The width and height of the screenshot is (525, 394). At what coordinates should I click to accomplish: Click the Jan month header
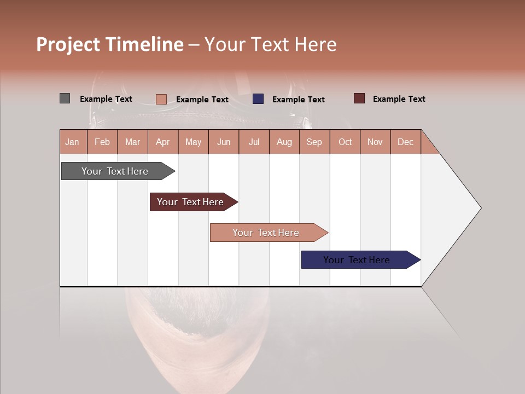[72, 142]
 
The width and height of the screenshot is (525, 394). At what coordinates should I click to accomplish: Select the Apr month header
[163, 142]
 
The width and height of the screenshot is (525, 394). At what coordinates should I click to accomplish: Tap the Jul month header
[254, 142]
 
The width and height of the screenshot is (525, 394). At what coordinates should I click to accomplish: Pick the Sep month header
[314, 142]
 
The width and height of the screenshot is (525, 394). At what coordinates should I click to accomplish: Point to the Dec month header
[405, 142]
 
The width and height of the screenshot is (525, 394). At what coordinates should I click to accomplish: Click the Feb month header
[102, 142]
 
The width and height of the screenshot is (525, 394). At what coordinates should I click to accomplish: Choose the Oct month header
[345, 142]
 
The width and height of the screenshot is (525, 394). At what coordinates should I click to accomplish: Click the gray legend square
[65, 99]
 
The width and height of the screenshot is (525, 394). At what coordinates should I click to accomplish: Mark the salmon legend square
[161, 99]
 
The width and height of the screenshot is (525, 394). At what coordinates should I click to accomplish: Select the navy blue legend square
[258, 99]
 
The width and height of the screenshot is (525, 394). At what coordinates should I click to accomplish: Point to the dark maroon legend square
[359, 99]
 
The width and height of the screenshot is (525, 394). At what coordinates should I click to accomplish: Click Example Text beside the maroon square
[399, 99]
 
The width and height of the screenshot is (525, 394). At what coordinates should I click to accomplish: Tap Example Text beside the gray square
[106, 99]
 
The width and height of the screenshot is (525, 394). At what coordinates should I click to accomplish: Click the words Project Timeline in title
[109, 44]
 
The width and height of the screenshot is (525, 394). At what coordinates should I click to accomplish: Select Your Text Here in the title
[270, 44]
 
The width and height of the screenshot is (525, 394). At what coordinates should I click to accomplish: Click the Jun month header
[224, 142]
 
